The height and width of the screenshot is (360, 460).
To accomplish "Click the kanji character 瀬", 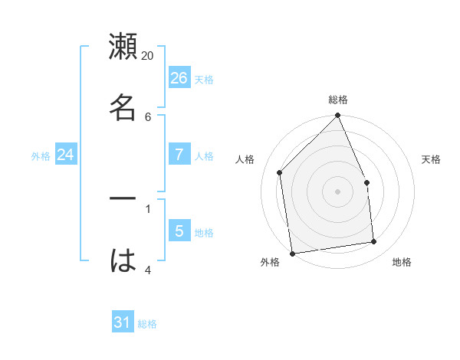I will [x=123, y=47].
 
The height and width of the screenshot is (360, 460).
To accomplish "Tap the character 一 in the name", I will [x=123, y=198].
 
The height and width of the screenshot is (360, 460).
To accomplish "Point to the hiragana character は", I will [x=123, y=260].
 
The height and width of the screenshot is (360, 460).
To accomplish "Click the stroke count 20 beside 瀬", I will [x=147, y=55].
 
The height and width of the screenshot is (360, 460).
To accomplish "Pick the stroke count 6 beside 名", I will [x=147, y=116].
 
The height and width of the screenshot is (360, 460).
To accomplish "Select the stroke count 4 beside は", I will [x=147, y=269].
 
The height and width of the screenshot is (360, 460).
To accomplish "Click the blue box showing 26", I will [x=179, y=78].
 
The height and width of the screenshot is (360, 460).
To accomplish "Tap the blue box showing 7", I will [x=179, y=155].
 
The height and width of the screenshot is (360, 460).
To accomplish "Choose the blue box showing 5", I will [x=179, y=231].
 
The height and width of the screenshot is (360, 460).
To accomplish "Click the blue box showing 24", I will [x=66, y=155].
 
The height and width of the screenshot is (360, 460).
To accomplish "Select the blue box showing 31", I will [x=123, y=322].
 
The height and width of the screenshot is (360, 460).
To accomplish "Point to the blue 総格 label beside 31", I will [x=147, y=324].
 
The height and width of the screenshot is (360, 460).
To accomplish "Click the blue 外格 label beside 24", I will [x=41, y=156].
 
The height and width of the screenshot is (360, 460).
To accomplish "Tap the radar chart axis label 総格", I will [x=338, y=100].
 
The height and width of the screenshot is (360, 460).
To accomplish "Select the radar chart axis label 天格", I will [x=431, y=159].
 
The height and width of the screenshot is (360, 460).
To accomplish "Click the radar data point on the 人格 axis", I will [x=280, y=172].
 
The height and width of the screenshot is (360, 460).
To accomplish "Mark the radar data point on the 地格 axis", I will [x=374, y=241].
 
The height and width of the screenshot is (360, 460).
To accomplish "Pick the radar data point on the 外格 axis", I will [x=292, y=254].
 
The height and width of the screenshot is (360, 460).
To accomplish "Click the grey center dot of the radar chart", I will [x=338, y=191].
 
